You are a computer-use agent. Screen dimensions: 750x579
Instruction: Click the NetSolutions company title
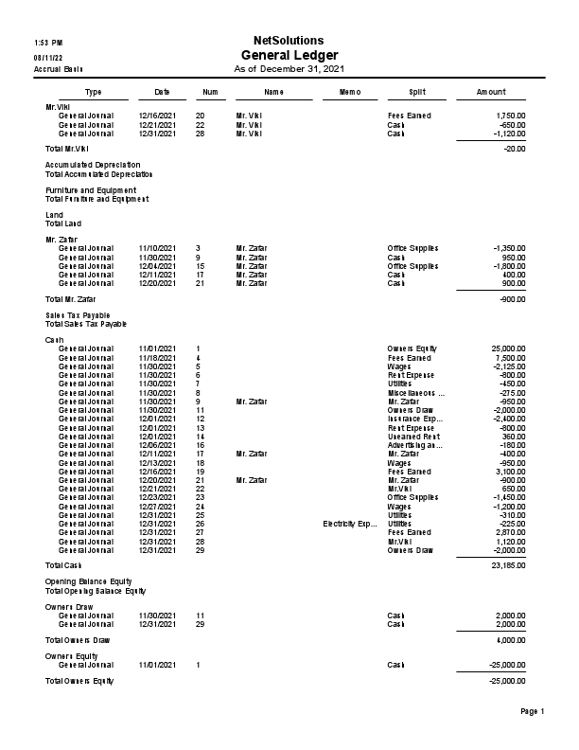coord(289,41)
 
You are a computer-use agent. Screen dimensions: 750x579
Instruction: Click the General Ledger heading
coord(289,55)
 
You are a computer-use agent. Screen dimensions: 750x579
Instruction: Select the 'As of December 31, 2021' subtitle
coord(289,69)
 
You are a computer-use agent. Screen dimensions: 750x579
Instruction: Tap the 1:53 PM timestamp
coord(48,44)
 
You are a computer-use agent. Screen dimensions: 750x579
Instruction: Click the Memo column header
coord(349,92)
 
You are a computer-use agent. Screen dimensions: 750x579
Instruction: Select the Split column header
coord(416,92)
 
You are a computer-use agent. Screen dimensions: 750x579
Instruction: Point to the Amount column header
coord(490,92)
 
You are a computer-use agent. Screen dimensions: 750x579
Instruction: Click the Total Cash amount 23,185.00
coord(507,565)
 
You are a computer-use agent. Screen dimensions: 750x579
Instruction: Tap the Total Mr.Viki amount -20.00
coord(515,149)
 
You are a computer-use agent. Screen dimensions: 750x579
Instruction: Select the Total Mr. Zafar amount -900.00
coord(512,298)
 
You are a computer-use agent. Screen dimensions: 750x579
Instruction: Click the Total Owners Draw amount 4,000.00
coord(510,640)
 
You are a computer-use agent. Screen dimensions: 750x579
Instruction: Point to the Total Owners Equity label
coord(79,681)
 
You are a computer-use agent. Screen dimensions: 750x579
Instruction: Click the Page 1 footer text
coord(533,711)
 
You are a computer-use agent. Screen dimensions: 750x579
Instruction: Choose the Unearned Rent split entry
coord(414,436)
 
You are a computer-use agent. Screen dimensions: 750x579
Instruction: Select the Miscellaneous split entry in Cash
coord(415,392)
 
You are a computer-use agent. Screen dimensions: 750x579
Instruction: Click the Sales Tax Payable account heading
coord(78,314)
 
